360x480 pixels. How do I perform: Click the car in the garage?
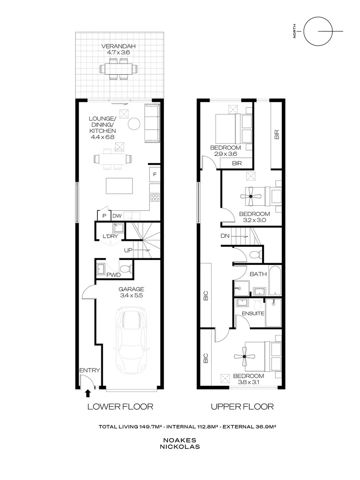tap(132, 340)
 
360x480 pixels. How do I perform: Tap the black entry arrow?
tap(88, 392)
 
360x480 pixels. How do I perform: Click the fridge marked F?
tap(155, 174)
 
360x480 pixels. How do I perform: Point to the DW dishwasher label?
tap(117, 216)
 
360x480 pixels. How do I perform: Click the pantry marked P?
tap(104, 216)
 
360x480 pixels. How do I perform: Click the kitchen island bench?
tap(119, 186)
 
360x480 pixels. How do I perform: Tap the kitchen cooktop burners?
tap(155, 196)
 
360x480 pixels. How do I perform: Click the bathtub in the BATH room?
tap(275, 280)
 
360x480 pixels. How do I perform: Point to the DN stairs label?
tap(224, 236)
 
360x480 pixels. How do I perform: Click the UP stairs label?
tap(128, 251)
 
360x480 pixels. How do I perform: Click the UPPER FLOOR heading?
tap(242, 406)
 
